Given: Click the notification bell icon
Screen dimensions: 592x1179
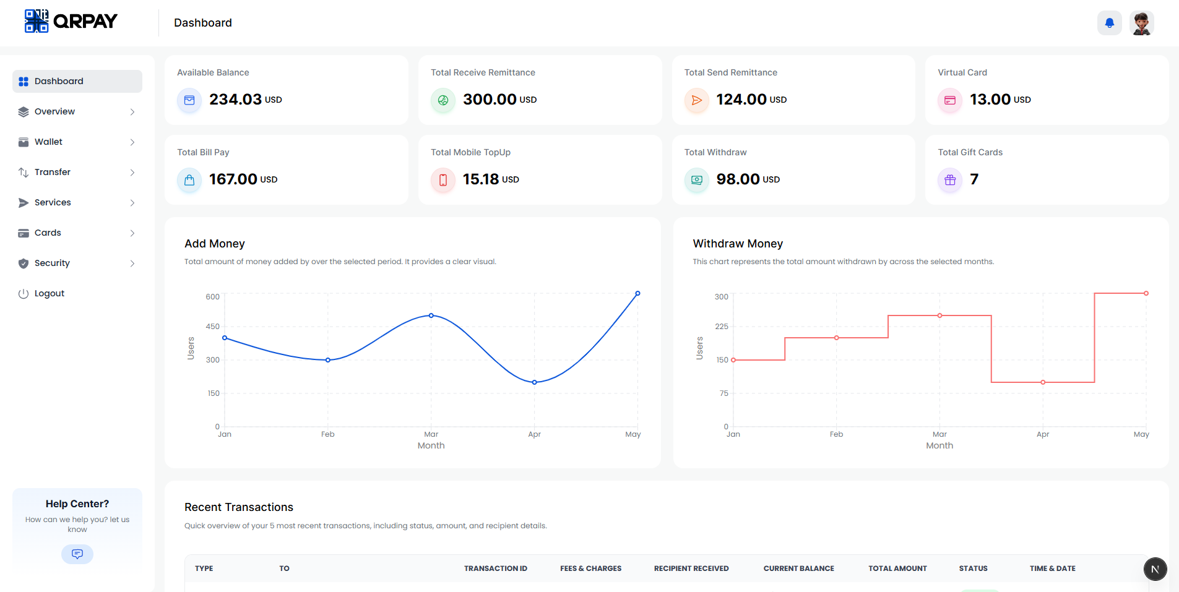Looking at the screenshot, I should tap(1109, 24).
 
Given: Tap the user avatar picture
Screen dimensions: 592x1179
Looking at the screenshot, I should tap(1141, 24).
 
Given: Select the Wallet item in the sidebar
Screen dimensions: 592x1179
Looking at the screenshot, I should tap(49, 142).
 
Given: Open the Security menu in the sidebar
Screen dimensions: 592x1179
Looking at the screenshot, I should tap(52, 263).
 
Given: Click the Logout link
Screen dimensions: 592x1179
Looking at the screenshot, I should tap(49, 293).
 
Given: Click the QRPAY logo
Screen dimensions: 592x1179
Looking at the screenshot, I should tap(71, 21).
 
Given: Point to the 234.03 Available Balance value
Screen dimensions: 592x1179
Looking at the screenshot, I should tap(235, 100).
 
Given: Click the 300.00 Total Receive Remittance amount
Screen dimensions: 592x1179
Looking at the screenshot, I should tap(490, 100).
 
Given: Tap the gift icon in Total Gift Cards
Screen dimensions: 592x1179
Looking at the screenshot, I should tap(950, 180).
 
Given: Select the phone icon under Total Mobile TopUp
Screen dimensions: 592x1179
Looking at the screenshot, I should tap(443, 180).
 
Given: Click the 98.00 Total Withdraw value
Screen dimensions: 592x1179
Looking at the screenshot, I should tap(738, 179).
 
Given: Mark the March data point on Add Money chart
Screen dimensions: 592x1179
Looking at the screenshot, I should tap(431, 315).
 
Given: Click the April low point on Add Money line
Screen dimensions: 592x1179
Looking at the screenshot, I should tap(535, 382).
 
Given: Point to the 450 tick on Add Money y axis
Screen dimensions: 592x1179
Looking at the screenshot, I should tap(212, 327).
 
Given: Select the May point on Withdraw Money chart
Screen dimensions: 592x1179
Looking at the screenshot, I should tap(1146, 293).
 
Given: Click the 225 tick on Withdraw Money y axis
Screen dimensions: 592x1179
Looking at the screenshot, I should tap(722, 327).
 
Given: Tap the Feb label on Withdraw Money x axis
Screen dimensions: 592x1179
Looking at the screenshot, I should tap(836, 434).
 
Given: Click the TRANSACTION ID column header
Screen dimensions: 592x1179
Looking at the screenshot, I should tap(495, 568).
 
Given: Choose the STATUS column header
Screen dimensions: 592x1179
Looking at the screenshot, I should tap(973, 568).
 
